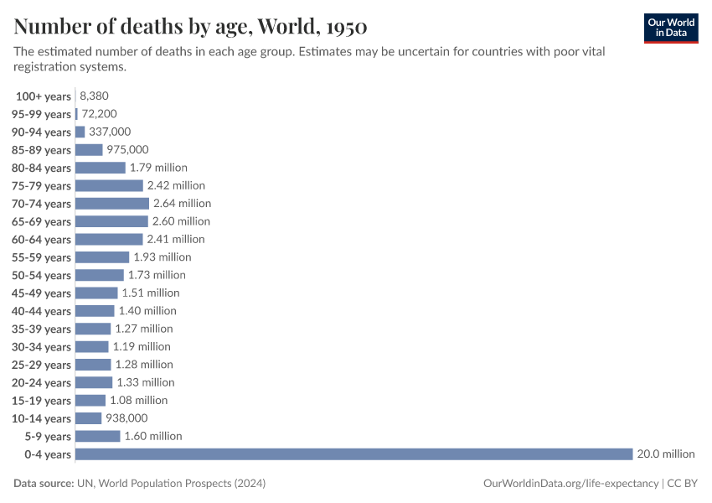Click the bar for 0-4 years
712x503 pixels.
click(353, 454)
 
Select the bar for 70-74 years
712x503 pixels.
click(112, 204)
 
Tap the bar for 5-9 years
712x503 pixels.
click(98, 436)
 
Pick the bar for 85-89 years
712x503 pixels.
click(89, 150)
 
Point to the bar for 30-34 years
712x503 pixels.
click(92, 347)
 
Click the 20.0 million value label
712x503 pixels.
click(666, 454)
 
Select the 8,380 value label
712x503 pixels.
click(95, 96)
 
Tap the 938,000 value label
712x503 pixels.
click(126, 418)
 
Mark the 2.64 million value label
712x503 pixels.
click(182, 204)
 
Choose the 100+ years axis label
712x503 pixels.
click(44, 96)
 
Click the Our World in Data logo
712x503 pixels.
click(670, 28)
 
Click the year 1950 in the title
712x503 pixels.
click(343, 27)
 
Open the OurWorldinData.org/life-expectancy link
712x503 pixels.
click(570, 484)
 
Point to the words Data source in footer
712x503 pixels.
click(43, 484)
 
